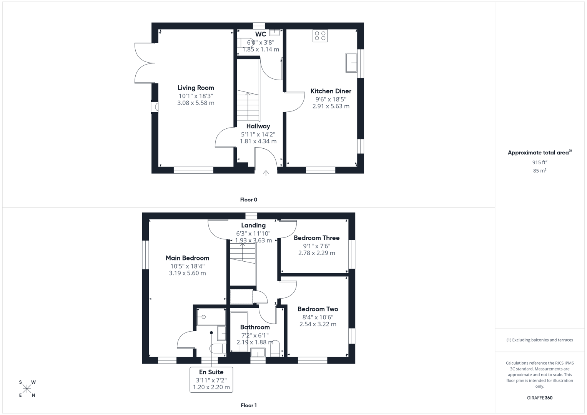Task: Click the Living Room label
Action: pos(196,88)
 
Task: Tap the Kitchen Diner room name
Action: pos(331,91)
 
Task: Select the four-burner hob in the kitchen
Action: pos(320,36)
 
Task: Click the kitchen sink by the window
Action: pos(351,63)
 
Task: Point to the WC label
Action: pos(261,35)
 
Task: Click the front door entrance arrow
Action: pos(266,173)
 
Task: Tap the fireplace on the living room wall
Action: pos(155,107)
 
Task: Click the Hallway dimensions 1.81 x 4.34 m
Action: pos(258,141)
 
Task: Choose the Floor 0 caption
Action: pos(248,200)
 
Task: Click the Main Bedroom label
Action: pos(187,258)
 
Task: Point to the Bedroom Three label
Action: pos(316,238)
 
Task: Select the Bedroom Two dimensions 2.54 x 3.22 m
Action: pos(318,324)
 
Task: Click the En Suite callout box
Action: pos(211,380)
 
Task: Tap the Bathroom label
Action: pos(255,327)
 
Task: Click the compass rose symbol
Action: pos(27,389)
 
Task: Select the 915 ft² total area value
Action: pos(539,162)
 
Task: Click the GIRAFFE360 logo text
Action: pos(539,398)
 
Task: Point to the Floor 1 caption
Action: pos(248,405)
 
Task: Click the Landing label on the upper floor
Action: pos(253,226)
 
